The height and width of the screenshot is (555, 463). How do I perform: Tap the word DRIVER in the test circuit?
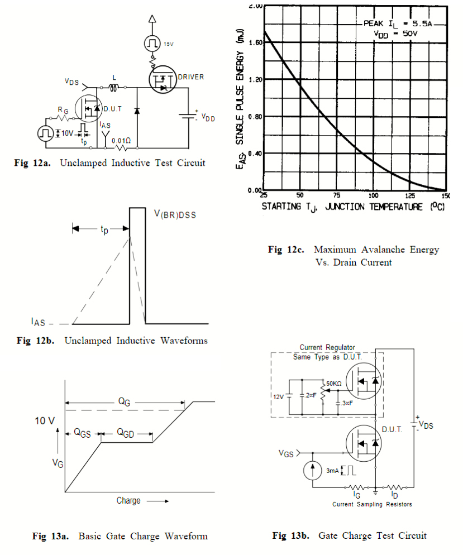pos(190,76)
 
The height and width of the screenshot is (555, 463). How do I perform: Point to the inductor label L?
pos(114,77)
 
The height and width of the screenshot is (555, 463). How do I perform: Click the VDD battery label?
pos(207,118)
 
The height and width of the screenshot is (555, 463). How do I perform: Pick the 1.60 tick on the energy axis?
pos(255,43)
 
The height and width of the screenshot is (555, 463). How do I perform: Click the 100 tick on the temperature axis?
pos(374,195)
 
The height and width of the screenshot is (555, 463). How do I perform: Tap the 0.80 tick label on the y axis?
pos(255,117)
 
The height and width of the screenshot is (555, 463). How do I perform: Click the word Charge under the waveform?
pos(128,500)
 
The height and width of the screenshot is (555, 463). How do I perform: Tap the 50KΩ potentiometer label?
pos(335,384)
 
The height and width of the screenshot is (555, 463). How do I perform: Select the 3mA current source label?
pos(333,470)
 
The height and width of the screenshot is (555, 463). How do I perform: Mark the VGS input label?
pos(285,453)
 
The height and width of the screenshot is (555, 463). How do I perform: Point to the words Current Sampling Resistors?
pos(372,504)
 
